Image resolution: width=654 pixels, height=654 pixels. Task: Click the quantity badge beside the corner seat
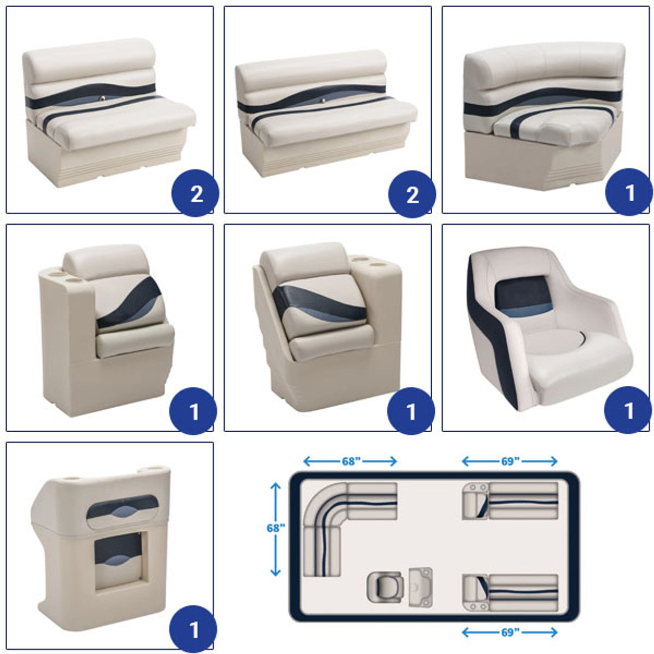pos(629,192)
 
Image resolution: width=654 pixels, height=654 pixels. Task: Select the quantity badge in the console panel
pos(193,629)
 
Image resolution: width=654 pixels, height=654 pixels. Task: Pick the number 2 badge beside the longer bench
pos(412,194)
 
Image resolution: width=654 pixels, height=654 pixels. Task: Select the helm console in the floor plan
pos(421,587)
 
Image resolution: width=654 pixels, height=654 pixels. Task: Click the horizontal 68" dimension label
pos(351,461)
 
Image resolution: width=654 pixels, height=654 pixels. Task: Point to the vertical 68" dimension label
pos(275,528)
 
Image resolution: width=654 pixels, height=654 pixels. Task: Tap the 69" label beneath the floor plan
pos(510,623)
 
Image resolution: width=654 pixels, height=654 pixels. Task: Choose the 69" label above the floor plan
pos(510,461)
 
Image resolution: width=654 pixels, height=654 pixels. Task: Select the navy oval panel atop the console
pos(123,507)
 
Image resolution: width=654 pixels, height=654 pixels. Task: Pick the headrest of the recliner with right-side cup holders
pos(303,261)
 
